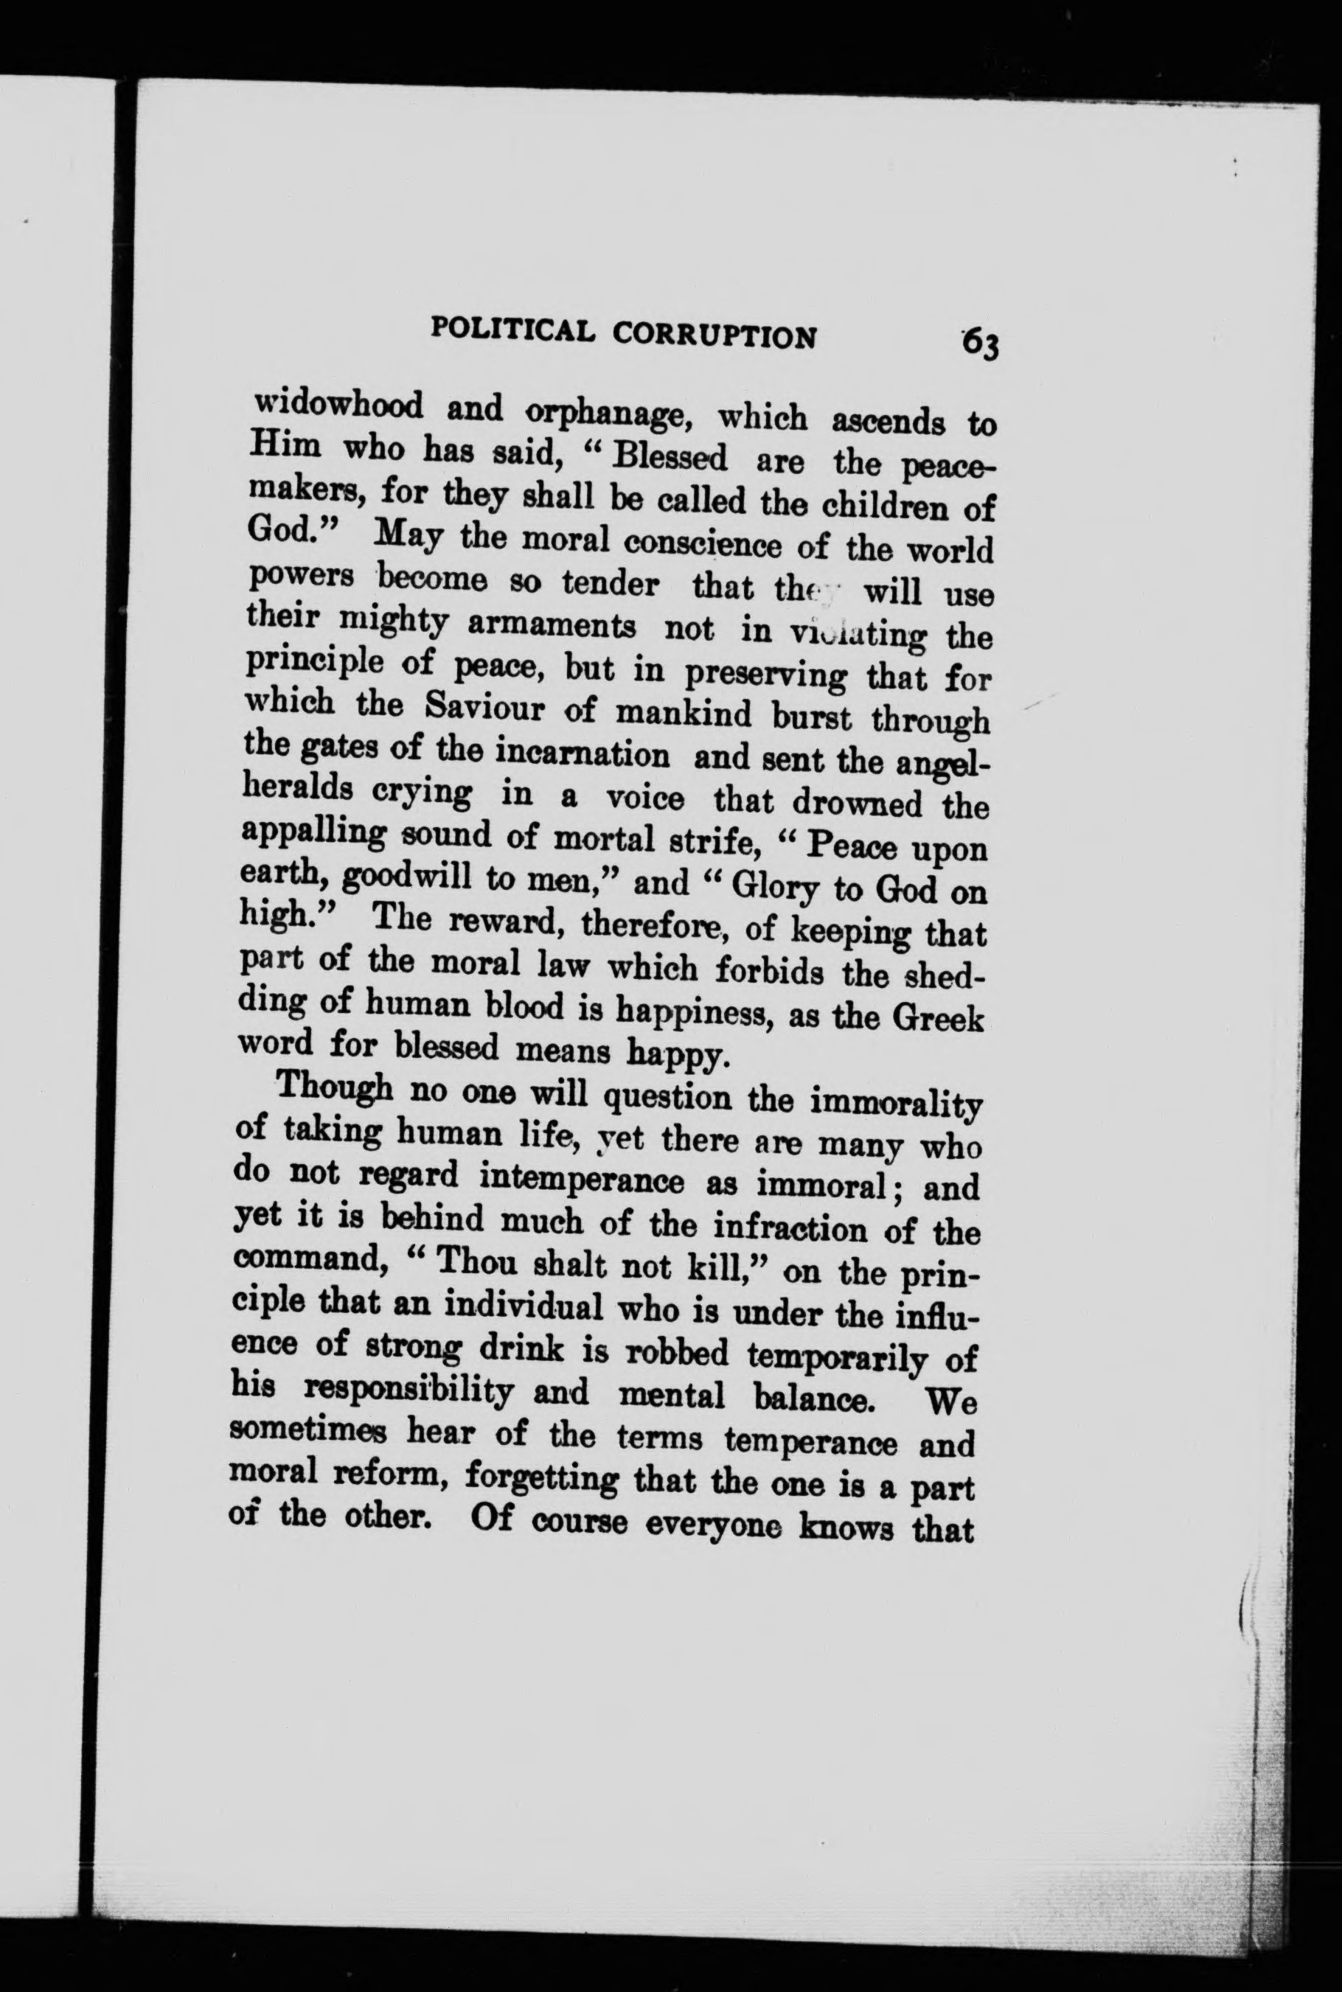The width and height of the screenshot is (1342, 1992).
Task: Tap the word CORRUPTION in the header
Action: (714, 335)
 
